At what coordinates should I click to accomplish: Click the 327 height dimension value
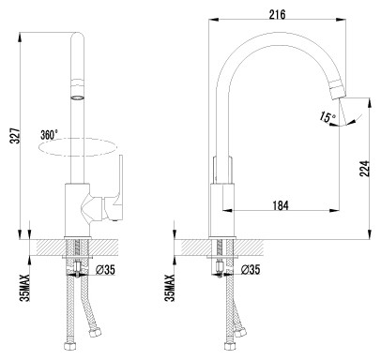[x=16, y=136]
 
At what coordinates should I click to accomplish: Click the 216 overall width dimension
[x=277, y=14]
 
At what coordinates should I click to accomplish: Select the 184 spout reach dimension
[x=281, y=205]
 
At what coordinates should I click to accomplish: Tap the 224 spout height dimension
[x=364, y=169]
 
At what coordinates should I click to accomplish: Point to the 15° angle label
[x=328, y=117]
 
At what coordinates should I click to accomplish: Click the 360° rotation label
[x=49, y=135]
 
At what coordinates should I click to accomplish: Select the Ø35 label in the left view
[x=105, y=270]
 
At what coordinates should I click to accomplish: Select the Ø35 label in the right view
[x=251, y=269]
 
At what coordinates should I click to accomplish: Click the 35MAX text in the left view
[x=24, y=288]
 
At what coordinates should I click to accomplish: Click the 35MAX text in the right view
[x=169, y=288]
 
